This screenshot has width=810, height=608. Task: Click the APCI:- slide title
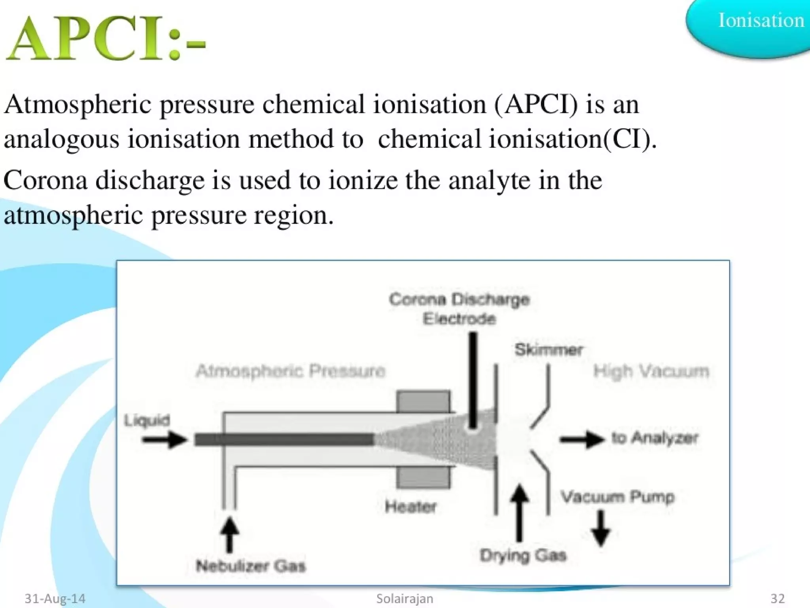pos(106,39)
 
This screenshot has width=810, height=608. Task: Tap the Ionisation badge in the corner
pos(760,21)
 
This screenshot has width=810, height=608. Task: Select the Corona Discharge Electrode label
pos(459,309)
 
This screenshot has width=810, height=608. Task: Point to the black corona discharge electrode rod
pos(473,380)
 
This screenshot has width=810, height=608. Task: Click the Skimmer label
pos(549,350)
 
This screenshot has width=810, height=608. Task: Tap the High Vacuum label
pos(651,371)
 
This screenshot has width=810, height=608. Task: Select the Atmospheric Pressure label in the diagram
pos(291,371)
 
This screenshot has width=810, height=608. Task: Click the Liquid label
pos(147,420)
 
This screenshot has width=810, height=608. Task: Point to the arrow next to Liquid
pos(164,439)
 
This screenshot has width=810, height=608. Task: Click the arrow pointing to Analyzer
pos(581,439)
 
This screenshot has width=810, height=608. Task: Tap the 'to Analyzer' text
pos(655,438)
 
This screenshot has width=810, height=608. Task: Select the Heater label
pos(411,507)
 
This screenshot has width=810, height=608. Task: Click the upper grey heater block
pos(423,401)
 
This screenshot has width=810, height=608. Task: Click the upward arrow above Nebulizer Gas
pos(229,534)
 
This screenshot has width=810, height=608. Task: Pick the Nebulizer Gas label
pos(251,566)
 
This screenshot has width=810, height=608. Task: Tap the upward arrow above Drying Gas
pos(519,513)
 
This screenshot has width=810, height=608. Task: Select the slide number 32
pos(778,598)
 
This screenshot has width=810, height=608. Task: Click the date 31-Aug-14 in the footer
pos(55,598)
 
